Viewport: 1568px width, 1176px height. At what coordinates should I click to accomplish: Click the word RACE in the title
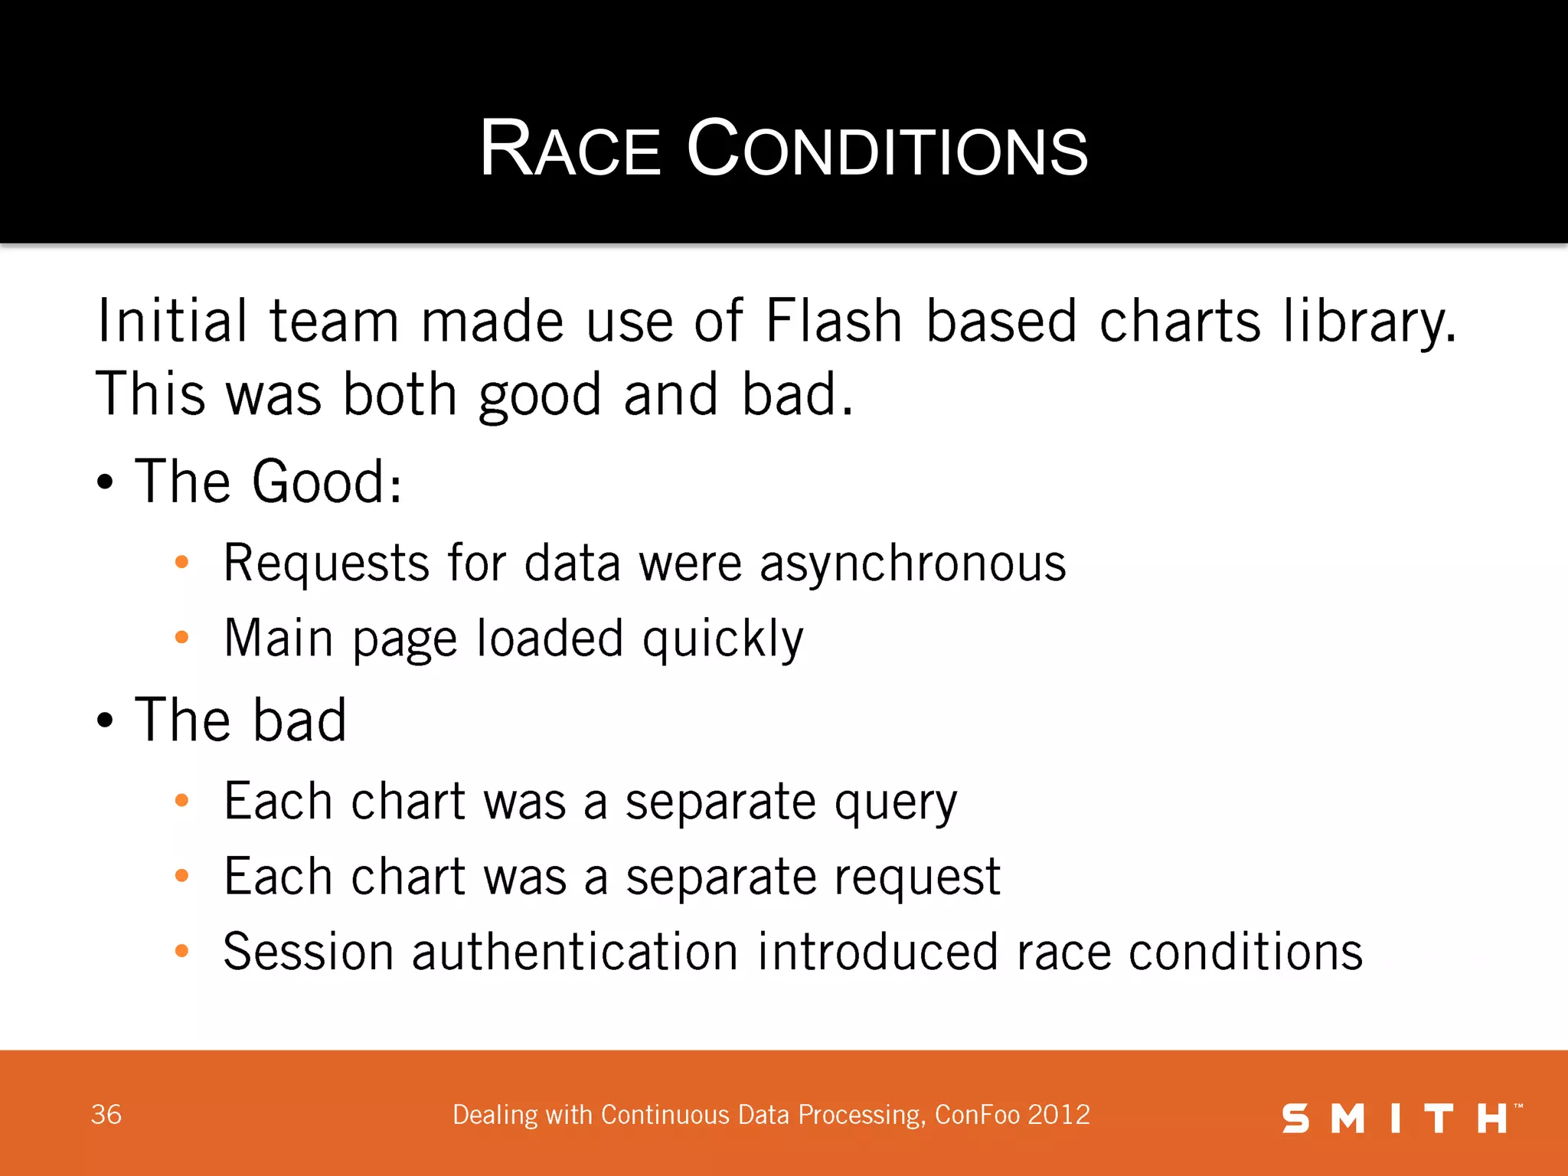click(x=570, y=149)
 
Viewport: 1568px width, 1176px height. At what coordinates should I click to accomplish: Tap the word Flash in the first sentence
click(x=834, y=321)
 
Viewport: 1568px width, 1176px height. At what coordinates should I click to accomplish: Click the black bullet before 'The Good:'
click(x=105, y=483)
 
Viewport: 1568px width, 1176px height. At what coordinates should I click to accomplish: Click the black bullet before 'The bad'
click(x=105, y=721)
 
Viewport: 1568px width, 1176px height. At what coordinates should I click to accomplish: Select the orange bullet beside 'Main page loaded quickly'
click(x=181, y=637)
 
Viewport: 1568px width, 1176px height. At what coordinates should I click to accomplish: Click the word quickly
click(x=723, y=639)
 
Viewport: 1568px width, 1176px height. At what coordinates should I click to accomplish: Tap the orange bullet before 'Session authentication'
click(x=181, y=951)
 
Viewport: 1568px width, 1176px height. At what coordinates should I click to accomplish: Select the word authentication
click(x=575, y=952)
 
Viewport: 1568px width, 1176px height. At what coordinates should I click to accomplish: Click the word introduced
click(x=878, y=952)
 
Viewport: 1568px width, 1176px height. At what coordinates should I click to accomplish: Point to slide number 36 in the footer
click(x=106, y=1115)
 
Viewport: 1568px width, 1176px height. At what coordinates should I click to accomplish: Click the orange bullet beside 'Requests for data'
click(x=181, y=563)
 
